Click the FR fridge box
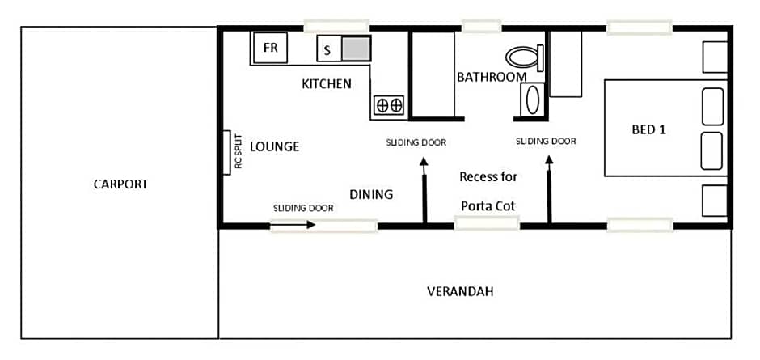pyautogui.click(x=270, y=48)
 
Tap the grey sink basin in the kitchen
pyautogui.click(x=356, y=49)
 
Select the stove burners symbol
pyautogui.click(x=389, y=104)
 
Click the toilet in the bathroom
pyautogui.click(x=524, y=57)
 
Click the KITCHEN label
pyautogui.click(x=327, y=83)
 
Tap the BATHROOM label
pyautogui.click(x=492, y=78)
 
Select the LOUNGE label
pyautogui.click(x=274, y=146)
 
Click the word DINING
pyautogui.click(x=371, y=194)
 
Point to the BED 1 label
pyautogui.click(x=648, y=129)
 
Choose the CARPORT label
pyautogui.click(x=121, y=184)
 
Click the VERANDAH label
pyautogui.click(x=460, y=291)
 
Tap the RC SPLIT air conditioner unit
pyautogui.click(x=229, y=151)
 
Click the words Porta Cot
pyautogui.click(x=488, y=205)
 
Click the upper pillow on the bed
pyautogui.click(x=712, y=107)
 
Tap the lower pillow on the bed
pyautogui.click(x=712, y=150)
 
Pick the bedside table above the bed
pyautogui.click(x=715, y=57)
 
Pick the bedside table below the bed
pyautogui.click(x=715, y=200)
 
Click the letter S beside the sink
pyautogui.click(x=327, y=50)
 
